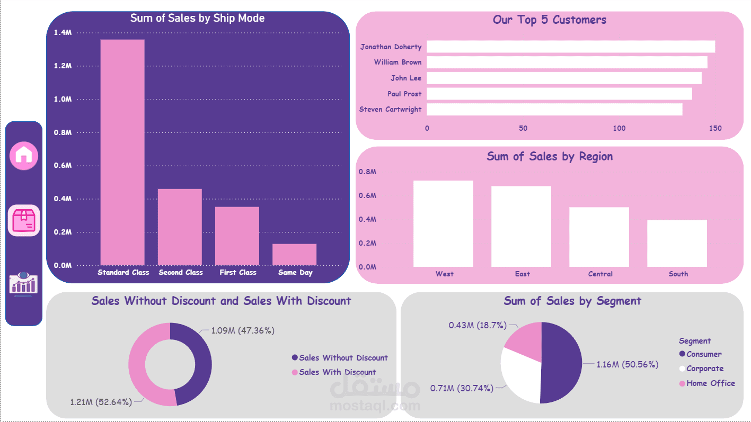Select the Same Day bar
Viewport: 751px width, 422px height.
pyautogui.click(x=294, y=255)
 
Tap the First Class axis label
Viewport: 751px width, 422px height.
pyautogui.click(x=238, y=273)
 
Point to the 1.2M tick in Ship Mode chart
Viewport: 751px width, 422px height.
pyautogui.click(x=63, y=66)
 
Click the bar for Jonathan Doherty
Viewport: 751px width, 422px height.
pyautogui.click(x=571, y=47)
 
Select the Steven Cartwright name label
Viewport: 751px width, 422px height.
pyautogui.click(x=391, y=110)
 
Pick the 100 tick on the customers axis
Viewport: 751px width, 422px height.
pyautogui.click(x=619, y=128)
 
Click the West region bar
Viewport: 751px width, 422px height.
pyautogui.click(x=443, y=223)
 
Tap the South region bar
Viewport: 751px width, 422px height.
pyautogui.click(x=677, y=243)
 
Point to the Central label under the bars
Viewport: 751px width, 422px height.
pyautogui.click(x=600, y=274)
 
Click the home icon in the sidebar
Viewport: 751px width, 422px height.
pyautogui.click(x=24, y=155)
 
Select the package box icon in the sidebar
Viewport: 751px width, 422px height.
pyautogui.click(x=24, y=220)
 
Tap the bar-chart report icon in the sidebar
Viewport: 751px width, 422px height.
pyautogui.click(x=24, y=284)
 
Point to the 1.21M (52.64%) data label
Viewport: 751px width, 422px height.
pyautogui.click(x=101, y=402)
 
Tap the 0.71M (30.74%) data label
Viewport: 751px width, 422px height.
pyautogui.click(x=461, y=388)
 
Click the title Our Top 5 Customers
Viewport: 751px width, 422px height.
pyautogui.click(x=549, y=20)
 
